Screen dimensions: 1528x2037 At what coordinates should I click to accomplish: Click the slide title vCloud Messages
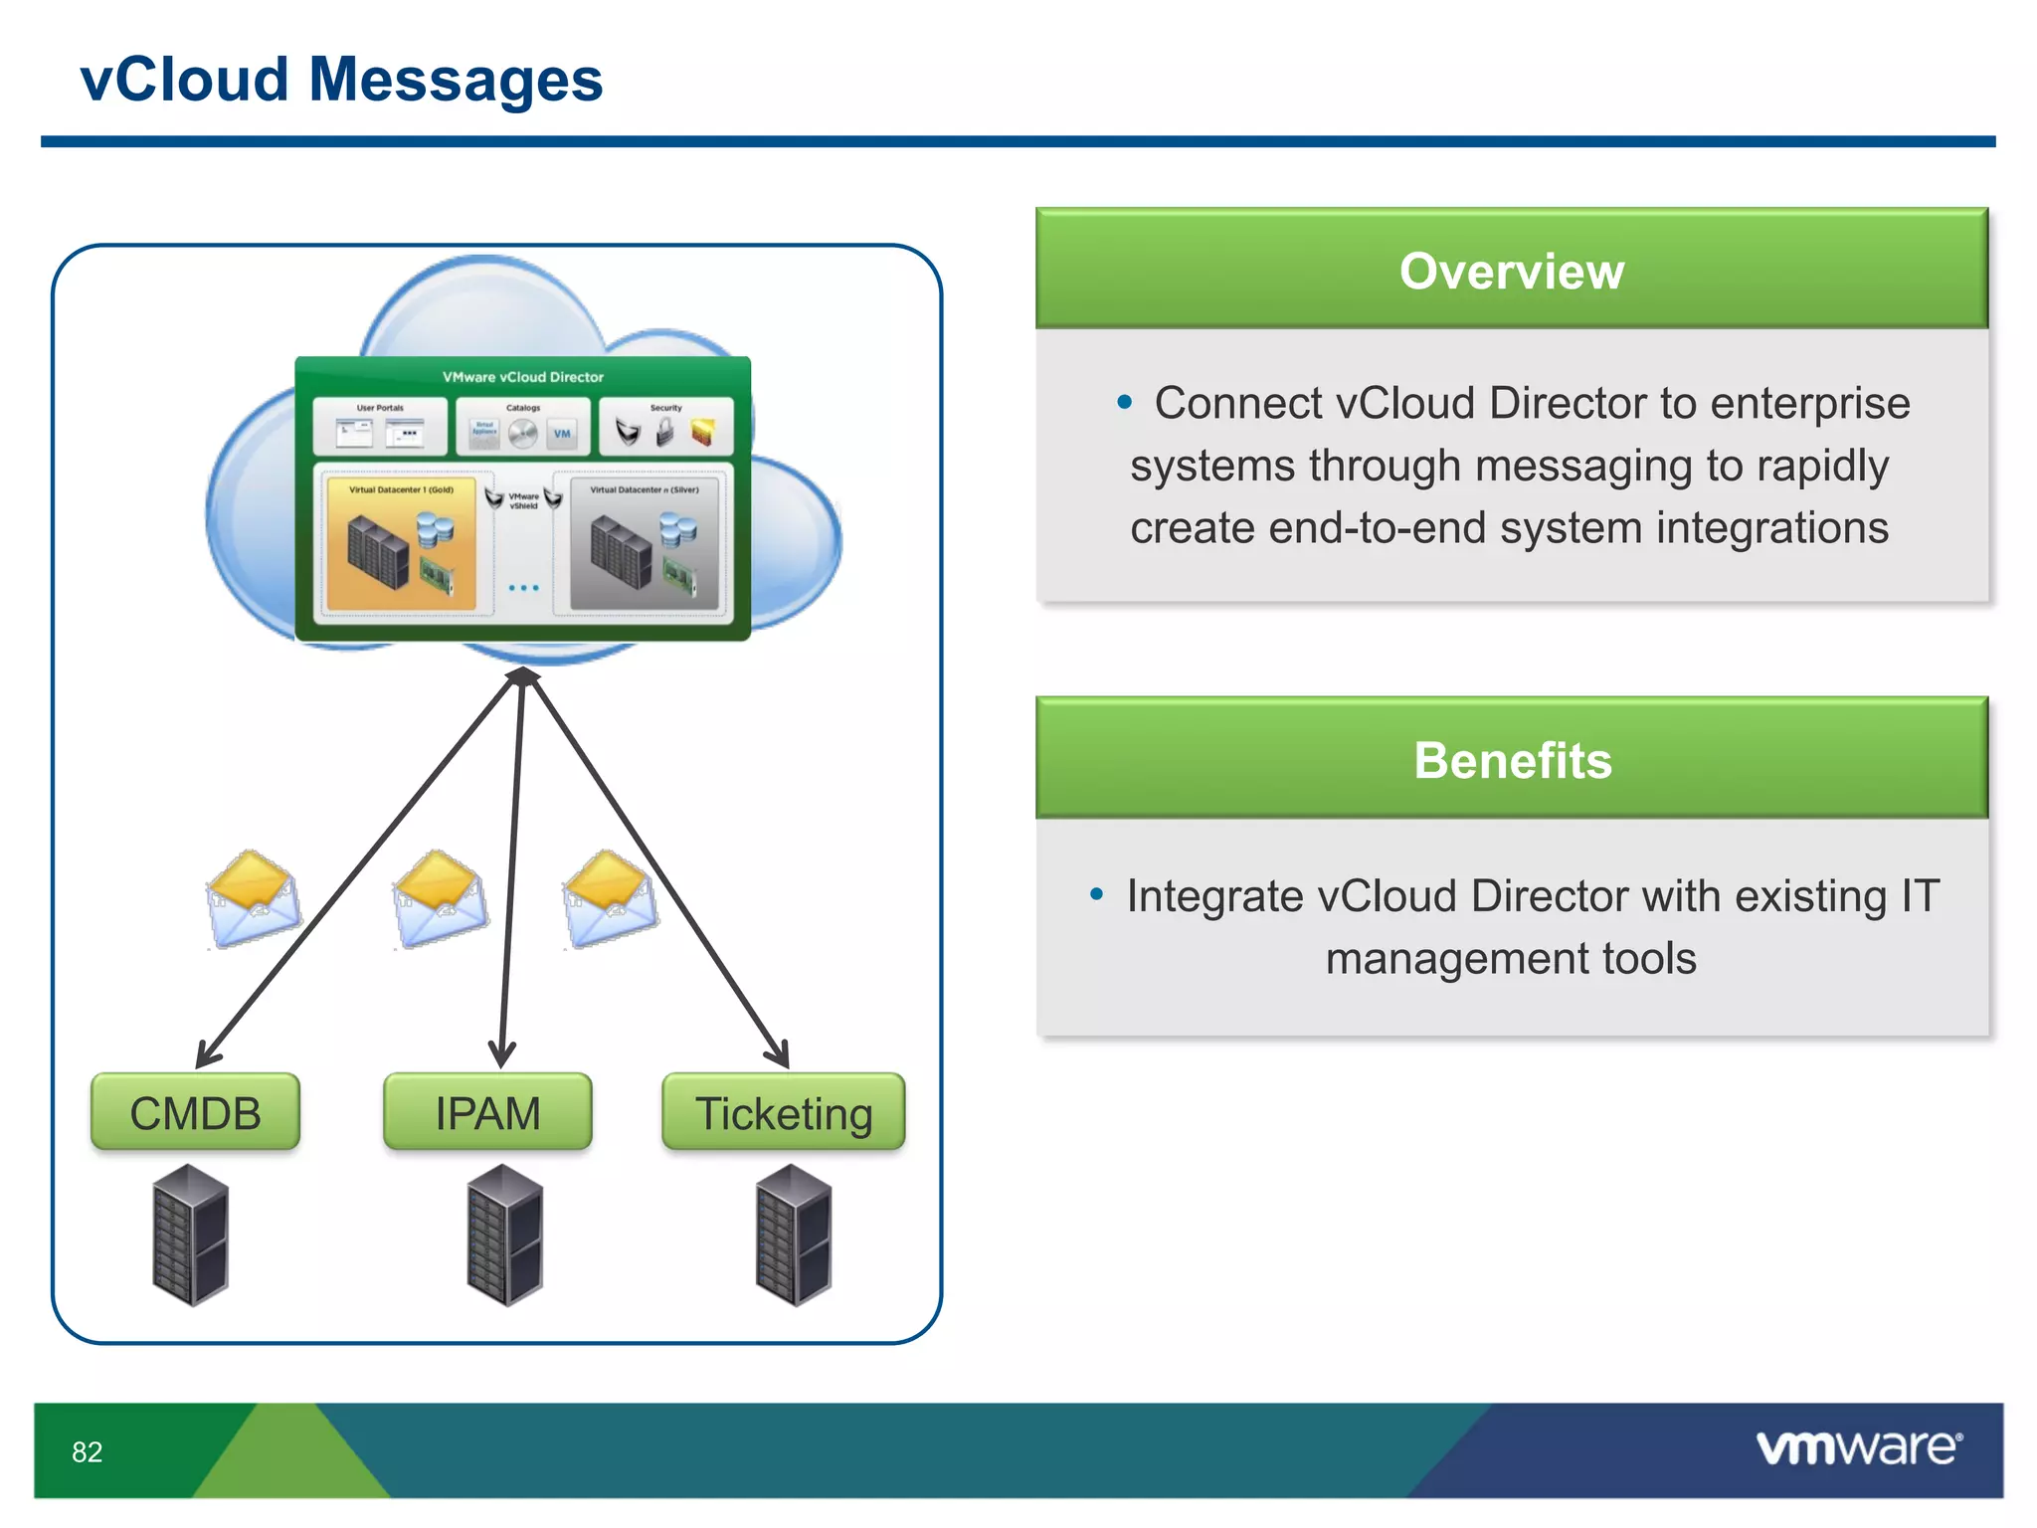(x=341, y=80)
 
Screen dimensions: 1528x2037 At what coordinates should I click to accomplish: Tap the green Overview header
(x=1511, y=271)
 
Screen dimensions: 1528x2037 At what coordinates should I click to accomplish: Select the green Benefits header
(x=1511, y=760)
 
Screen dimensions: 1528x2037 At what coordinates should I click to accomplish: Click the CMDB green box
(x=195, y=1112)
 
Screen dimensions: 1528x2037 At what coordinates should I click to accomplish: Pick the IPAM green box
(x=487, y=1112)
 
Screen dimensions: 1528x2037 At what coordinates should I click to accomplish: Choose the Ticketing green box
(x=784, y=1112)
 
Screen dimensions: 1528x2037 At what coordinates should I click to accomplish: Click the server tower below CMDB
(x=191, y=1236)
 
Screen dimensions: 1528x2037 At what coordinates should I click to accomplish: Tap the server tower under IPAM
(x=504, y=1236)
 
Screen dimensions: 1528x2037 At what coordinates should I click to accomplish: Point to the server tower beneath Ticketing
(x=793, y=1236)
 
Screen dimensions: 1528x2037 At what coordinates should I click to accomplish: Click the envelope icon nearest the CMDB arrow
(x=254, y=898)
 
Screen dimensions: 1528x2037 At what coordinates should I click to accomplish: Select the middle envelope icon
(x=440, y=898)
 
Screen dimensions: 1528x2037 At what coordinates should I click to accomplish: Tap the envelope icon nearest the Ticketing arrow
(x=610, y=898)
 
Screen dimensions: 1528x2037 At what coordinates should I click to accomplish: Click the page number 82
(x=88, y=1451)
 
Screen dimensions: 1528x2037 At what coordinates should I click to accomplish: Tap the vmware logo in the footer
(x=1858, y=1447)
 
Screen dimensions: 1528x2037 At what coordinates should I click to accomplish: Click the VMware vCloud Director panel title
(x=522, y=377)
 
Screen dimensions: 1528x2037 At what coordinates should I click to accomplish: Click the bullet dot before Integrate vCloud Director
(x=1096, y=894)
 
